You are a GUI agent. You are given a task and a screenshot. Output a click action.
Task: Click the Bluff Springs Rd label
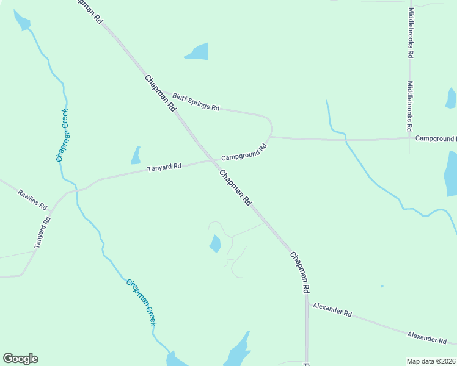[196, 102]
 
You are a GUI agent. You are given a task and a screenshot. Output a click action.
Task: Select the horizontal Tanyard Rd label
[164, 167]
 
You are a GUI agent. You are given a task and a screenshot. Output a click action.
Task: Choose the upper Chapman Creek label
[62, 135]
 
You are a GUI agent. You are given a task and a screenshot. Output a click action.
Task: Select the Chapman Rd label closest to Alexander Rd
[300, 273]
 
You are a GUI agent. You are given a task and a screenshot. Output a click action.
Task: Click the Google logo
[21, 359]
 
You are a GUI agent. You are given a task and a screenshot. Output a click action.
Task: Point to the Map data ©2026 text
[431, 361]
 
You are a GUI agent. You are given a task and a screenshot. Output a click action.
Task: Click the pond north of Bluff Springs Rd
[197, 52]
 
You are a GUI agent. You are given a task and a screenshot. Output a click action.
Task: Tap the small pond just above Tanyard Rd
[136, 156]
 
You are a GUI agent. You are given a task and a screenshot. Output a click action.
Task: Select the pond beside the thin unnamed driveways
[215, 243]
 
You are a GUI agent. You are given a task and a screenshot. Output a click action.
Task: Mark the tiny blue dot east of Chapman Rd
[382, 286]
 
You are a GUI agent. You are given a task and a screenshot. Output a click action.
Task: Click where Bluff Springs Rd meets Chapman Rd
[160, 91]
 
